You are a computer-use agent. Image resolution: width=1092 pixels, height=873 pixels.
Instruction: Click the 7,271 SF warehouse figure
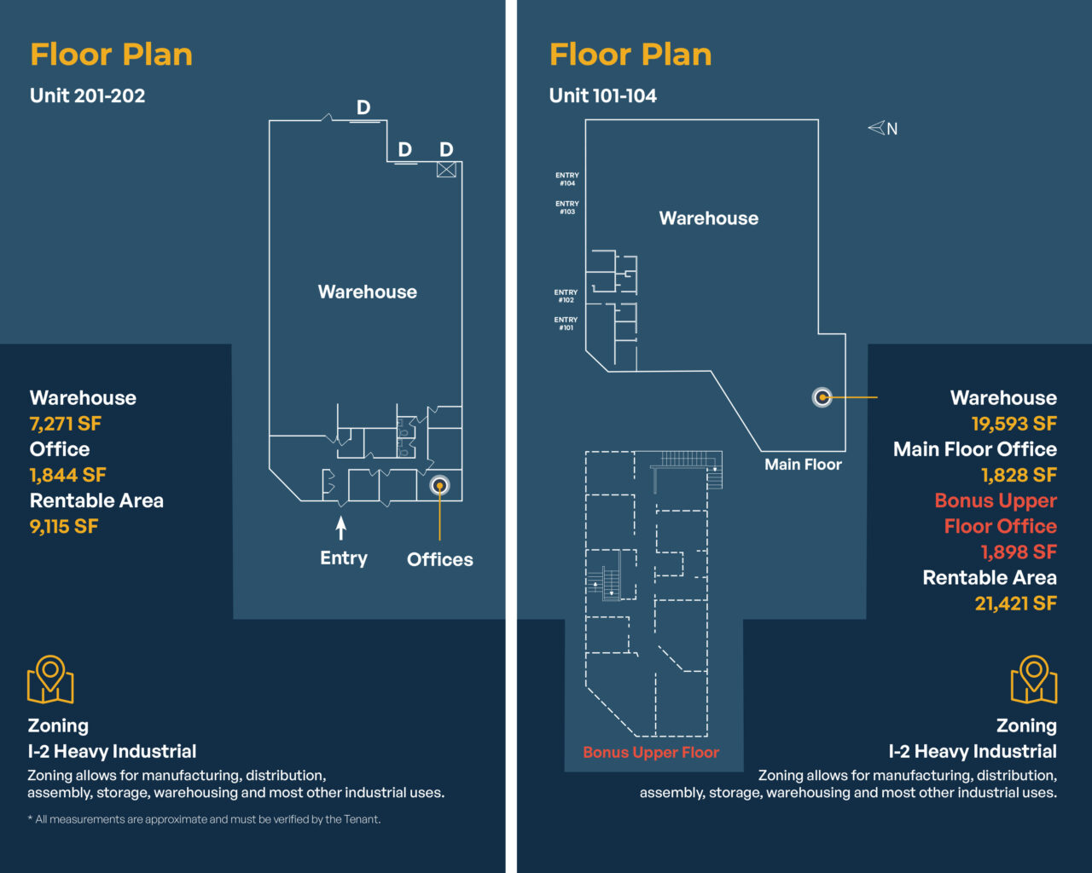coord(66,424)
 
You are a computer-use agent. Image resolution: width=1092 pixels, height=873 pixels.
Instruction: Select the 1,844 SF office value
coord(67,475)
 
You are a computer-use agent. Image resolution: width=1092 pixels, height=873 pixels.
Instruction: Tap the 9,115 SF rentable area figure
coord(64,527)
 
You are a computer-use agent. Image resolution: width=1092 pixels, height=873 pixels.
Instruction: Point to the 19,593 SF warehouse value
coord(1014,424)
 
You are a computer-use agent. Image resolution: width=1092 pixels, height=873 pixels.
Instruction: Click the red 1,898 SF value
coord(1019,552)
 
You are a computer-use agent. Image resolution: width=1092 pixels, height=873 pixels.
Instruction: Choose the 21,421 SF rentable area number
coord(1016,604)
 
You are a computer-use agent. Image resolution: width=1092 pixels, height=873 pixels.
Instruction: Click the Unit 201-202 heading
coord(87,95)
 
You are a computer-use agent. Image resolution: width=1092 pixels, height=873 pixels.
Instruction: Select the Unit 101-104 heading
coord(603,95)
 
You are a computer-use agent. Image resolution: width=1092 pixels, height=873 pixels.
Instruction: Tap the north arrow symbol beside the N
coord(876,127)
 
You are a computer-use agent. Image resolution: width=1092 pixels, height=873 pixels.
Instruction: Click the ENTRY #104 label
coord(567,179)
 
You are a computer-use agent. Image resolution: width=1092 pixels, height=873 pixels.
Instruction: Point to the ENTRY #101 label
coord(566,324)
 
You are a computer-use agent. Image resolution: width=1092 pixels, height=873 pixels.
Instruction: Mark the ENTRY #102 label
coord(566,296)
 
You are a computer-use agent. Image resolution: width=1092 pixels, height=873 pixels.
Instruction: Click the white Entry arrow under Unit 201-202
coord(341,528)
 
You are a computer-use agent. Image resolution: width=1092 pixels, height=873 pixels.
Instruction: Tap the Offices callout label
coord(440,559)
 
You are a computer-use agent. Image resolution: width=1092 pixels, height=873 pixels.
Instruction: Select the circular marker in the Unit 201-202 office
coord(439,485)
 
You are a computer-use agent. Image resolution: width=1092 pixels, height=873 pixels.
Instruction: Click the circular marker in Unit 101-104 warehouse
coord(822,397)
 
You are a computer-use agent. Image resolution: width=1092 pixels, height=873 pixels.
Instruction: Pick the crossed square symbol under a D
coord(446,170)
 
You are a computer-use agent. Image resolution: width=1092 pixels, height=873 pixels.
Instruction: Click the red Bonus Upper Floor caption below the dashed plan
coord(651,752)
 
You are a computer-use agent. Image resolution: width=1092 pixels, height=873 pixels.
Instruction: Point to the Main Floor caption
coord(803,464)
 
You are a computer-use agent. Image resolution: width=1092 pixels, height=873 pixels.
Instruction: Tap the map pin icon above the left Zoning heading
coord(50,679)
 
